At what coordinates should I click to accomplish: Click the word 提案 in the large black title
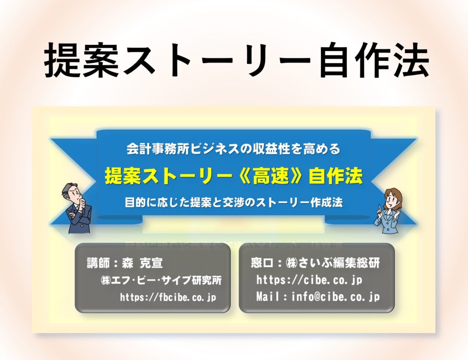(82, 60)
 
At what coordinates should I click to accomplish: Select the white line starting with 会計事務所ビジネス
(233, 148)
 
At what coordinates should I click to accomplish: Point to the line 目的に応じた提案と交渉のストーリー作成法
(234, 202)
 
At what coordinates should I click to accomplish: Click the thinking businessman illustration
(76, 208)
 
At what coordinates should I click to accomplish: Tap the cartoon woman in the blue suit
(389, 210)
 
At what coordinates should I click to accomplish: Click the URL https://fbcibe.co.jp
(168, 297)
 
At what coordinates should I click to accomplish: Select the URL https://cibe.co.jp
(309, 280)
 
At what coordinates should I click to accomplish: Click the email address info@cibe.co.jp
(336, 297)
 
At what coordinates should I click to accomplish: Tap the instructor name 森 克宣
(143, 263)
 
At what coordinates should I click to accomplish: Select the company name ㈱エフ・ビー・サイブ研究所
(161, 280)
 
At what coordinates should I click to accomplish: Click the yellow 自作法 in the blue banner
(335, 176)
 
